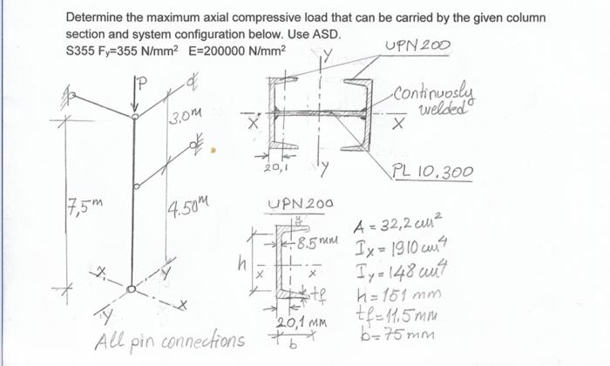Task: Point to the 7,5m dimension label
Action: [x=84, y=207]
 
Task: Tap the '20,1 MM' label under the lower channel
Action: [x=294, y=324]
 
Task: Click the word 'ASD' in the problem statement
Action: [x=325, y=34]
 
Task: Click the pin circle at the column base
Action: [x=131, y=288]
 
